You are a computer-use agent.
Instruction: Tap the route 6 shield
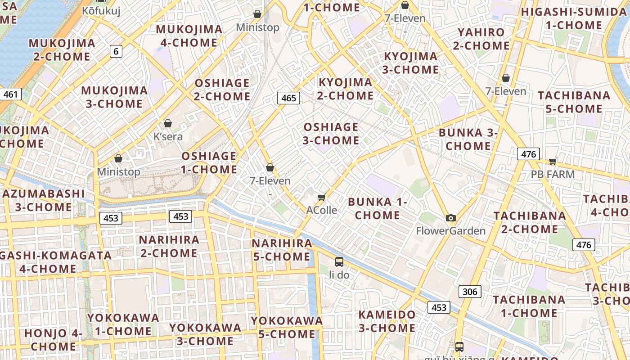[116, 51]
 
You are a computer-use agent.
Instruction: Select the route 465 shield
[288, 98]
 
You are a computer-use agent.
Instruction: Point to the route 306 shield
[470, 292]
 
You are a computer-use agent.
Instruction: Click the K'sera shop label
[168, 136]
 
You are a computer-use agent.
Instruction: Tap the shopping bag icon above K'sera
[168, 123]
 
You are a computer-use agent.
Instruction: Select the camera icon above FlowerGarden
[450, 218]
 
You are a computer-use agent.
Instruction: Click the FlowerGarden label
[450, 231]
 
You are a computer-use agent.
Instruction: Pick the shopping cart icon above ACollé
[321, 198]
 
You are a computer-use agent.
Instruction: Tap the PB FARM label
[553, 174]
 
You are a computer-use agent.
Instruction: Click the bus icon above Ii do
[339, 262]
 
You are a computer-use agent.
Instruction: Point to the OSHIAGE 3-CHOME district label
[331, 134]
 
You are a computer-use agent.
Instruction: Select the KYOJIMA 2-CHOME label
[345, 89]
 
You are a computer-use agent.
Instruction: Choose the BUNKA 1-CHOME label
[377, 208]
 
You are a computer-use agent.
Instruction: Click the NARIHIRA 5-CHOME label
[282, 250]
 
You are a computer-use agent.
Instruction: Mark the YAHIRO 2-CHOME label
[481, 39]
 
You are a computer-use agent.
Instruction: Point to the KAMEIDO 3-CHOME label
[387, 321]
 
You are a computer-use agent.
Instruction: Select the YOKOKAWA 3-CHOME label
[205, 334]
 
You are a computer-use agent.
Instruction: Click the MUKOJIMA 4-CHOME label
[189, 36]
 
